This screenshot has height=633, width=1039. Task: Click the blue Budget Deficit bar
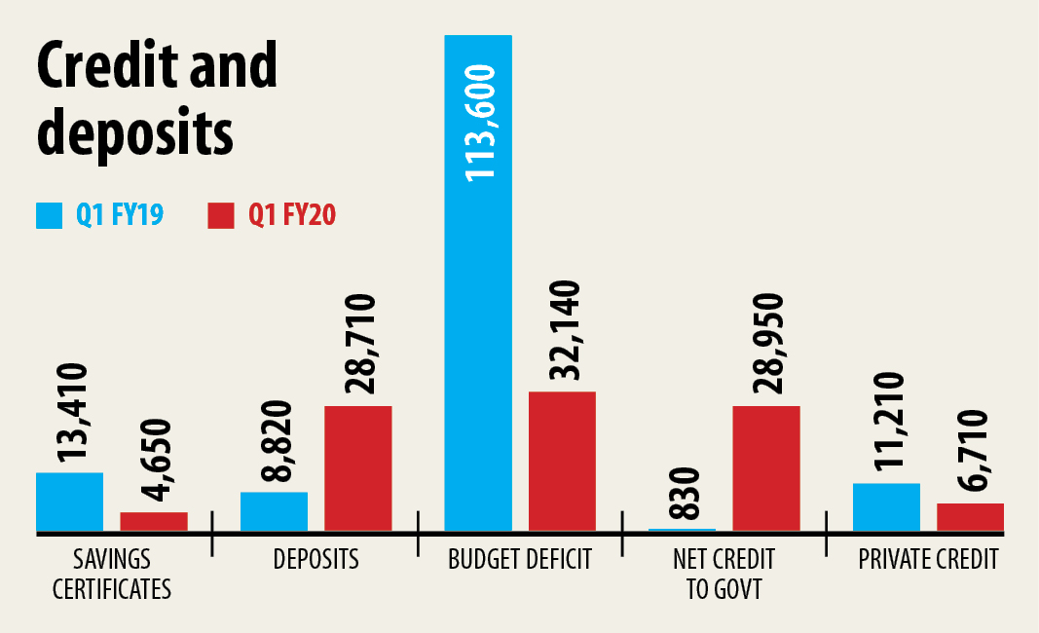click(x=477, y=292)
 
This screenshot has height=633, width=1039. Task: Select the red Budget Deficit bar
click(x=562, y=462)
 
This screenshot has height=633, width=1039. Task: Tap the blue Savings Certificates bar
click(x=69, y=502)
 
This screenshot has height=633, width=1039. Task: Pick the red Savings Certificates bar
click(x=154, y=521)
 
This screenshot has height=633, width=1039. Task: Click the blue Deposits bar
click(x=274, y=511)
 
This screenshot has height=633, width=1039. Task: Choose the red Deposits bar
click(x=357, y=468)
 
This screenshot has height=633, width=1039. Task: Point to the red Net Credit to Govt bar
click(x=765, y=468)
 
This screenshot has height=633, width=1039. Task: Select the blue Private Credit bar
click(x=886, y=506)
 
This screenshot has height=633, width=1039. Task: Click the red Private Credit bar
click(x=970, y=517)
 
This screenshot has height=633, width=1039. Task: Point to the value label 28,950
click(x=766, y=340)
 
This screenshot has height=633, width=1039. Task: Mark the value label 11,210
click(x=887, y=424)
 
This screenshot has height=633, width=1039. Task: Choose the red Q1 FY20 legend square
click(x=222, y=215)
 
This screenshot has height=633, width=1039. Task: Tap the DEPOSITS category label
click(x=315, y=560)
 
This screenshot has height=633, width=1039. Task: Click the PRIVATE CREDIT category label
click(x=928, y=560)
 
